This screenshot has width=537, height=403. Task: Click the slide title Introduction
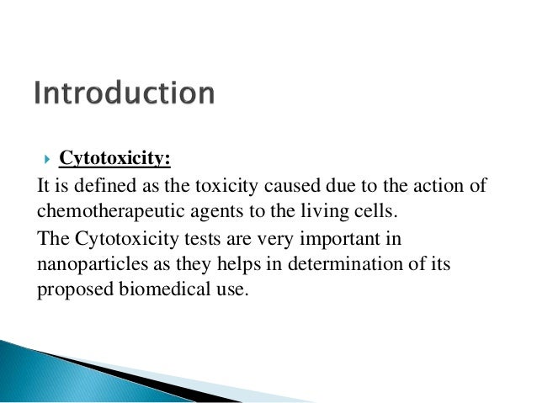125,93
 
